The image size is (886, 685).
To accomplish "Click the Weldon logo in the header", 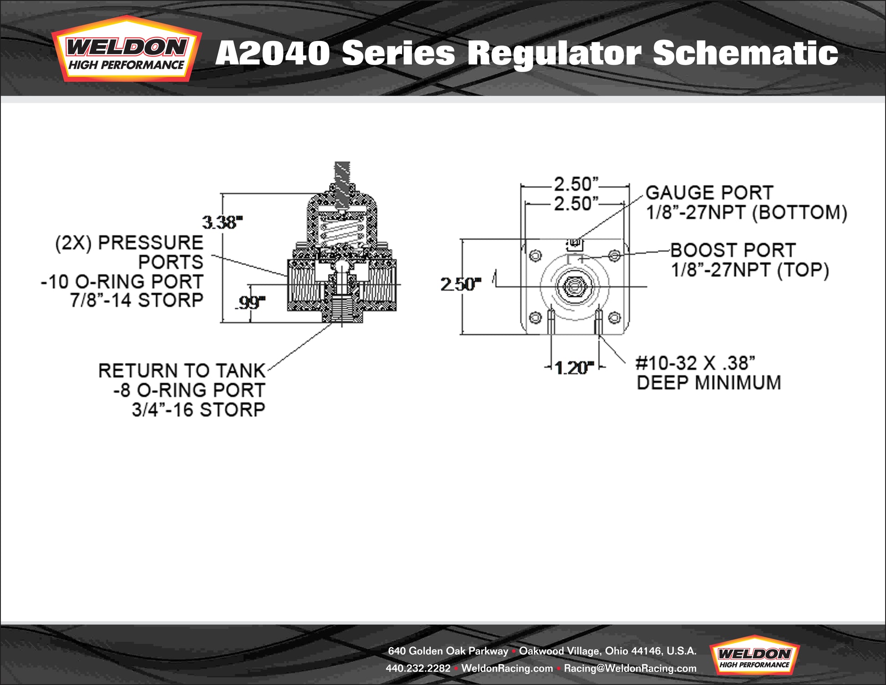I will pos(126,50).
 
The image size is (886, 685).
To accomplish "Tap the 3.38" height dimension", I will pos(222,222).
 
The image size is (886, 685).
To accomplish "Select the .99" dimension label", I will pos(250,302).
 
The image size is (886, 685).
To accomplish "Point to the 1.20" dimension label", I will pos(575,368).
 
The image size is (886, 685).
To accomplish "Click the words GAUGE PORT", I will pos(709,193).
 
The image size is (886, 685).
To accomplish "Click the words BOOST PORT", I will pos(733,250).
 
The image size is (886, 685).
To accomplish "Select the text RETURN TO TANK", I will pos(182,371).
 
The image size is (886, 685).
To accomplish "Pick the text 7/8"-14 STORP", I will pos(137,301).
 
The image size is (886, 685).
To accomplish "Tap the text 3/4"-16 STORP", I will pos(199,410).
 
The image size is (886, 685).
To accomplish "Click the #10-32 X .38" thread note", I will pos(695,363).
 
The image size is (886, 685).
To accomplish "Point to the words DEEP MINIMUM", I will pos(708,383).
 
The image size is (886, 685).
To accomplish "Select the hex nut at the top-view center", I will pos(574,286).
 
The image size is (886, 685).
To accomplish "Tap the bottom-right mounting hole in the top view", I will pos(614,317).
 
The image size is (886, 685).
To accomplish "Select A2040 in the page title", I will pos(272,53).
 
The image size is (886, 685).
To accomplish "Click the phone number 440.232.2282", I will pos(418,668).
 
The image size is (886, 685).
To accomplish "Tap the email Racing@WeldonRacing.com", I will pos(630,668).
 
